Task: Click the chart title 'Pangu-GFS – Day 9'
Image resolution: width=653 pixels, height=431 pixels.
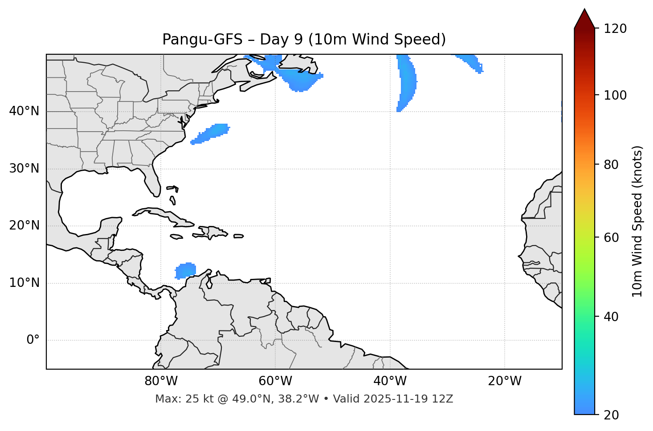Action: [304, 40]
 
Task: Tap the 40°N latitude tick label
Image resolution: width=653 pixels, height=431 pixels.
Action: [24, 111]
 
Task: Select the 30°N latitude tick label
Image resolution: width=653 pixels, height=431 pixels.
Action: [24, 169]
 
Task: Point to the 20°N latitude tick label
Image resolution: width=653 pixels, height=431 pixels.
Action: [24, 226]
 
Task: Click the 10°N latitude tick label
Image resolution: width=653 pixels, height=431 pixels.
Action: [24, 283]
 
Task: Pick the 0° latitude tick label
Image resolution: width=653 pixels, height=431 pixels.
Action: [33, 340]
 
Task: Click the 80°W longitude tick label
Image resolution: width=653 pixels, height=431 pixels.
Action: [161, 381]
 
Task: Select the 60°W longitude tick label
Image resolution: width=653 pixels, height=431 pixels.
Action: [275, 381]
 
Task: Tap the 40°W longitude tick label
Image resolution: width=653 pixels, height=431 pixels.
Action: [390, 381]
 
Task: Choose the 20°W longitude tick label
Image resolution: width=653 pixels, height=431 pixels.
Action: [505, 381]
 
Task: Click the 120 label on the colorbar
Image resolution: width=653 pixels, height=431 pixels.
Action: [615, 29]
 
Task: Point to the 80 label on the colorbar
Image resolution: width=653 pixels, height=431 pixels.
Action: [612, 165]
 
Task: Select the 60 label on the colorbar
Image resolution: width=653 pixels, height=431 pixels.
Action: [612, 238]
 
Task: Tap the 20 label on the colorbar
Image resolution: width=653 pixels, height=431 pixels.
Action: [612, 415]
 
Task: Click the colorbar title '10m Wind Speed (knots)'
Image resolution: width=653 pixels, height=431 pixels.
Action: [637, 221]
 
